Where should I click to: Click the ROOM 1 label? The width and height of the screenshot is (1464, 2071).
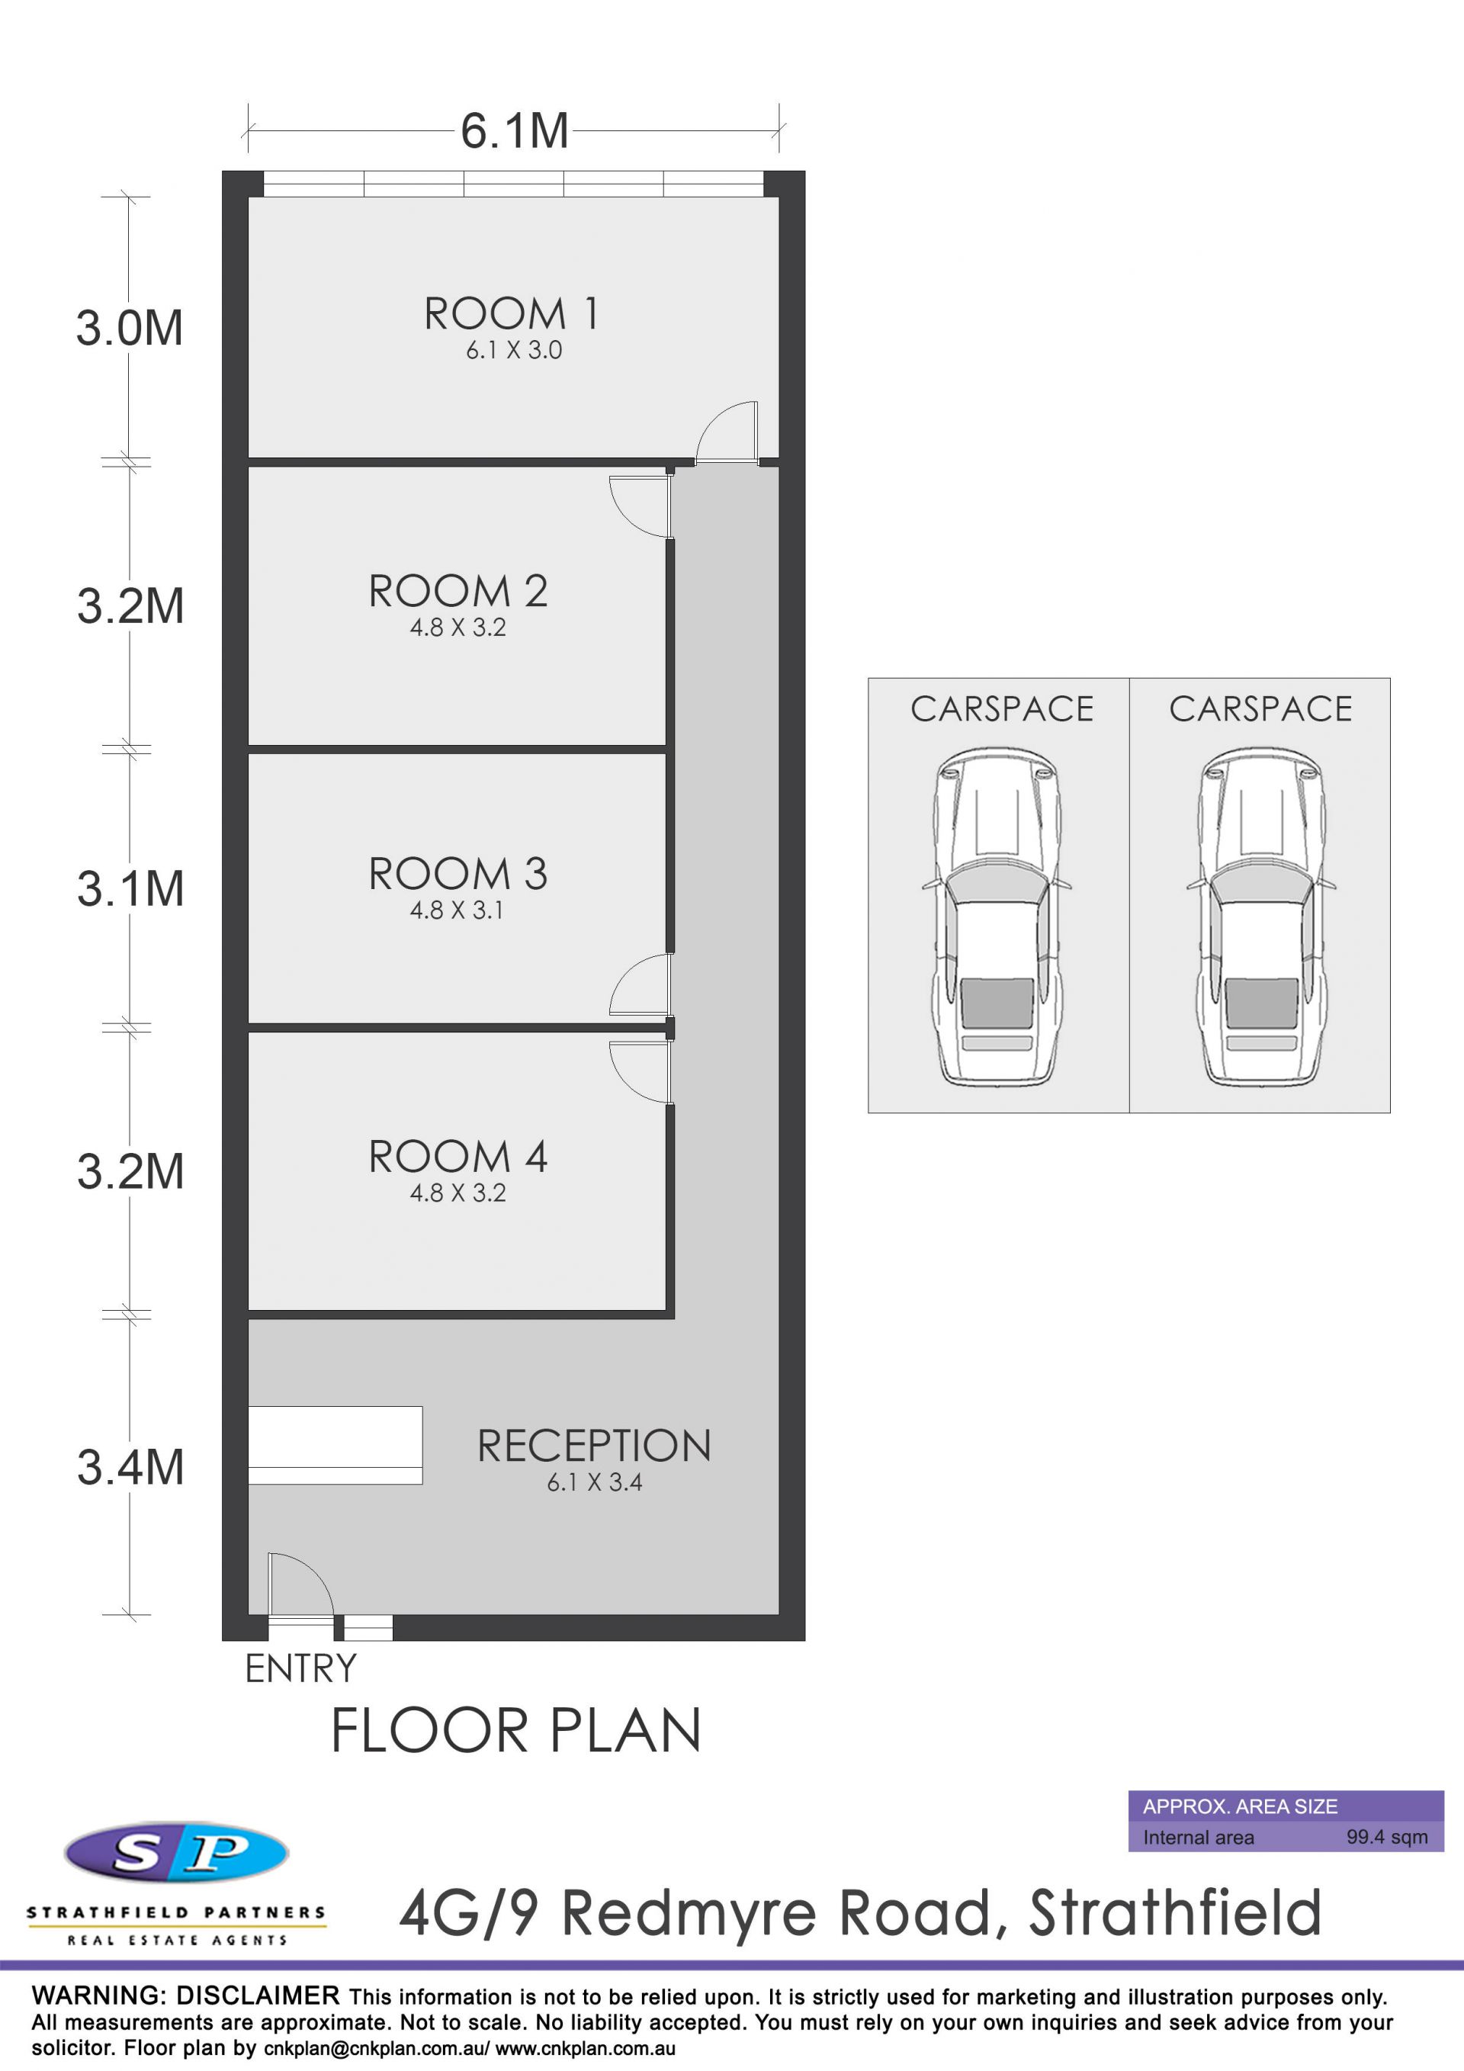(511, 314)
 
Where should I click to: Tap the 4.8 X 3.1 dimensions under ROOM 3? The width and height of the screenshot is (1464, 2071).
(457, 910)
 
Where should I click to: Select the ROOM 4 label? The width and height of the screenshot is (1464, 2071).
(458, 1158)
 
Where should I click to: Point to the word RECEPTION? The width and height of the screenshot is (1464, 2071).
(593, 1446)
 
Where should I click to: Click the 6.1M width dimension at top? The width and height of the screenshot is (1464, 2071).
(514, 131)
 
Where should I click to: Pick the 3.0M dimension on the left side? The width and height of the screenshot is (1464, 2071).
(130, 327)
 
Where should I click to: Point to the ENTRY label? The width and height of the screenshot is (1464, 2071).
(301, 1668)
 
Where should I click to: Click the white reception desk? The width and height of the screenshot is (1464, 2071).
(335, 1445)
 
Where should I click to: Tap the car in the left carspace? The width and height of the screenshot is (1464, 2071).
(997, 917)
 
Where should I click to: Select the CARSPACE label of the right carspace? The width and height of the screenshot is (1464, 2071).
(1261, 709)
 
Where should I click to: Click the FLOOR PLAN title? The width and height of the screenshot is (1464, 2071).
(516, 1731)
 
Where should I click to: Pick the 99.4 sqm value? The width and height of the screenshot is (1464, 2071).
(1387, 1836)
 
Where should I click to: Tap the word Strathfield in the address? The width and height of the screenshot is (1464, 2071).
(1175, 1913)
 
